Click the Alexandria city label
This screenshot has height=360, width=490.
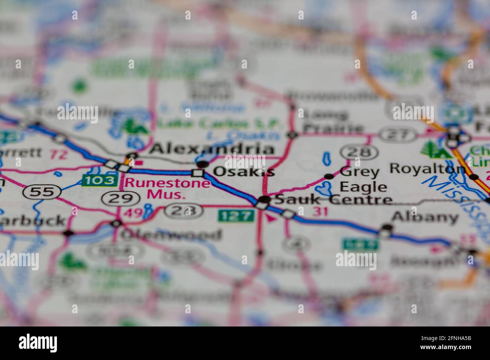(x=211, y=149)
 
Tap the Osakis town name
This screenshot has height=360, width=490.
(x=243, y=172)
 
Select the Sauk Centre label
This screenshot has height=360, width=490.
(x=333, y=199)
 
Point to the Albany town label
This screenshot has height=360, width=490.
(x=425, y=217)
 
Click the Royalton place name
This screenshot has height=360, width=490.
(x=427, y=168)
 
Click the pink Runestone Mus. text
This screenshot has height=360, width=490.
(x=167, y=189)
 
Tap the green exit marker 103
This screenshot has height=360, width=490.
(x=99, y=181)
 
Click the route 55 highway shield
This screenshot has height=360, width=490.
(x=42, y=192)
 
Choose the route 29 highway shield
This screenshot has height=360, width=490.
(x=119, y=198)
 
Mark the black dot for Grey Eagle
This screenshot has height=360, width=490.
(x=329, y=176)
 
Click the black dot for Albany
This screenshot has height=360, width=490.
(x=387, y=227)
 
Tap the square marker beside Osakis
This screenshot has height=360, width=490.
(x=198, y=173)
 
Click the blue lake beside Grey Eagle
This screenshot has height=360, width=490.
(x=324, y=187)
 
